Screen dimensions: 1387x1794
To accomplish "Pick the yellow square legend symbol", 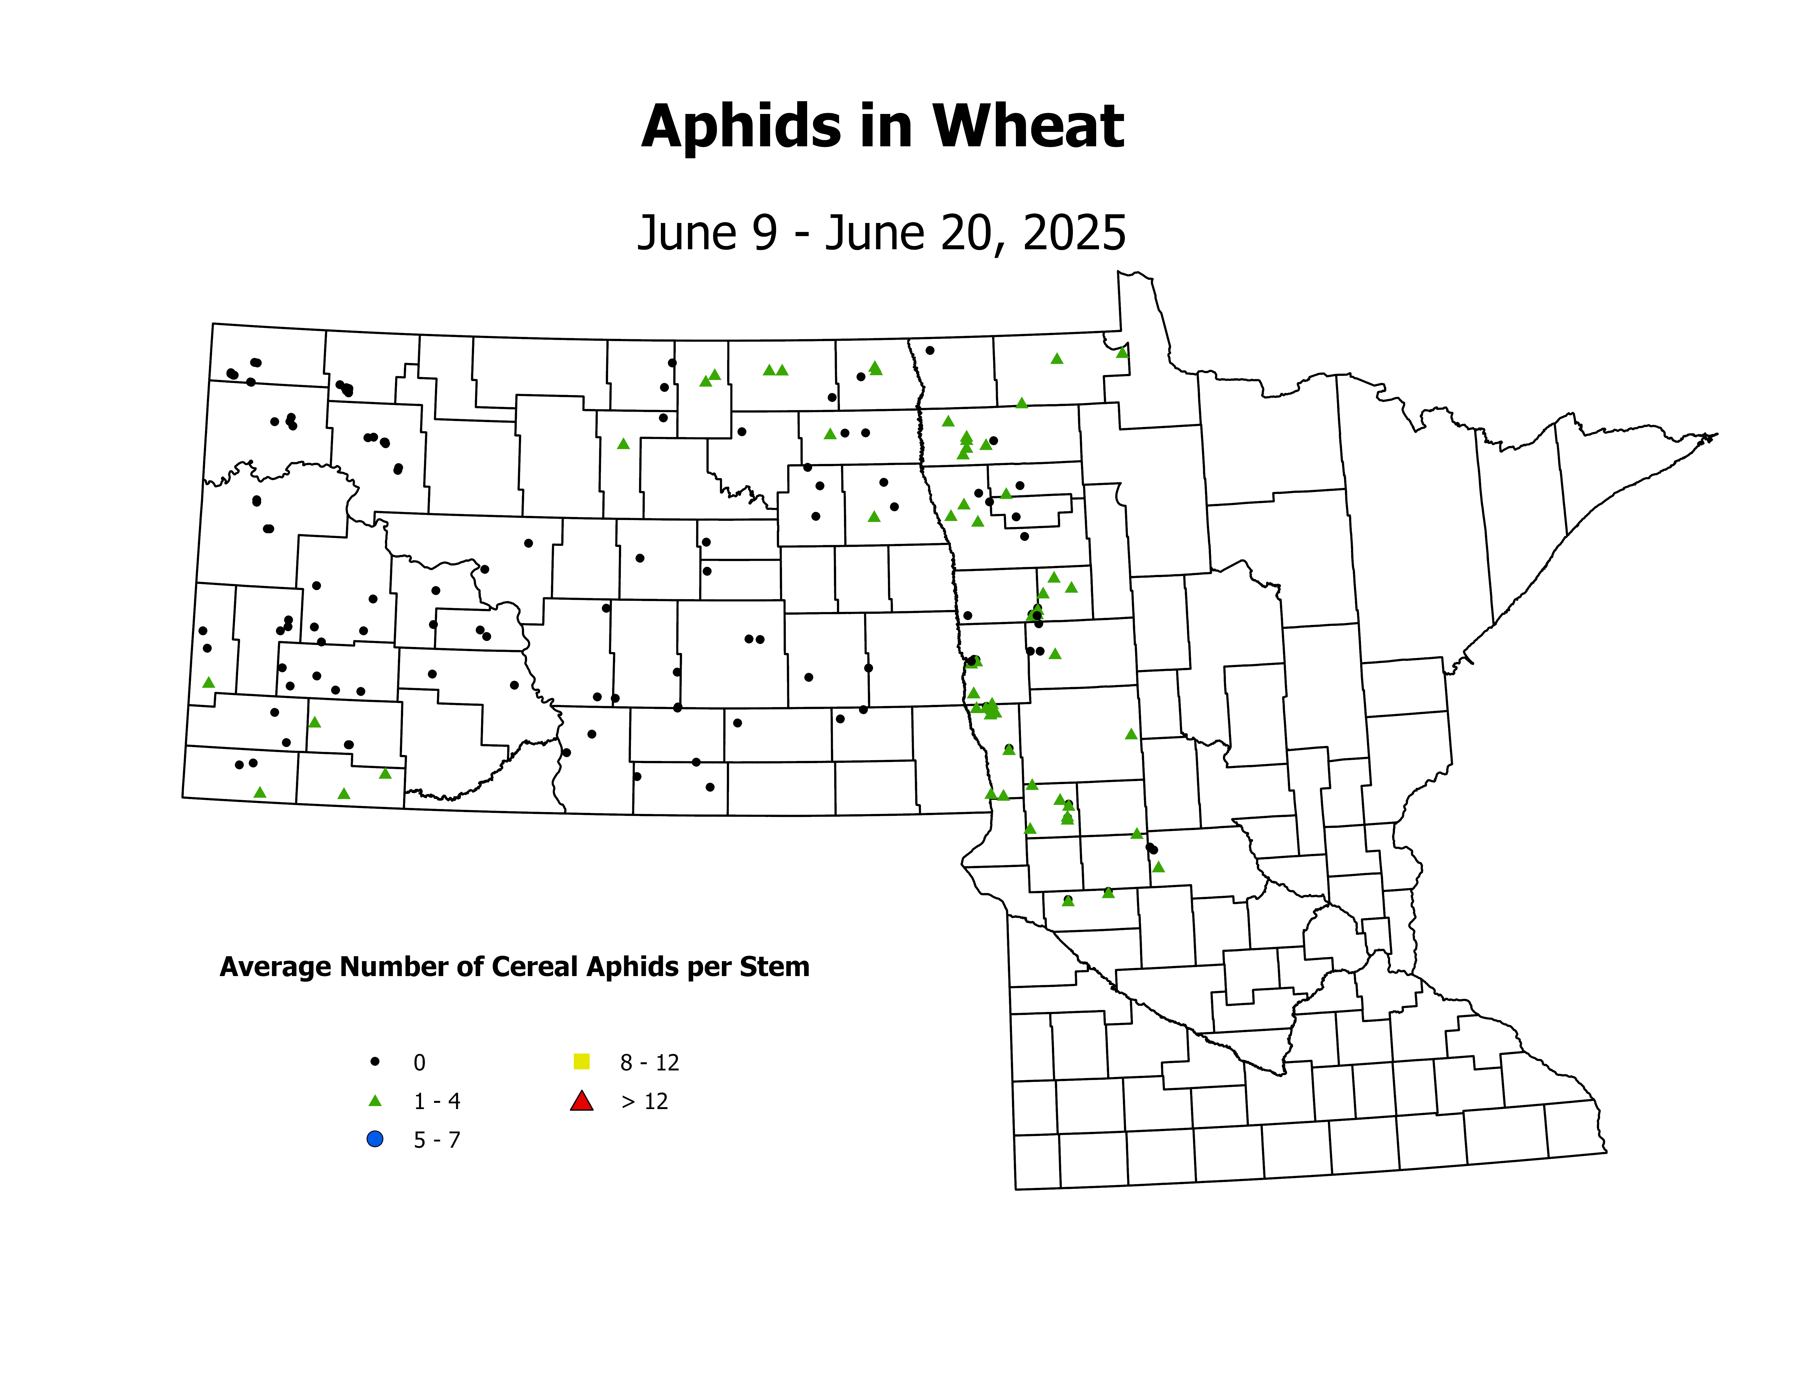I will pyautogui.click(x=582, y=1062).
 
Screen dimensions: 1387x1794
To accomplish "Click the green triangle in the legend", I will pyautogui.click(x=375, y=1101).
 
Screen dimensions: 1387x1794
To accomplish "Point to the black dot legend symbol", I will pyautogui.click(x=375, y=1062).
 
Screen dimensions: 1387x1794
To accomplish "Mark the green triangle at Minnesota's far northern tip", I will pyautogui.click(x=1122, y=352).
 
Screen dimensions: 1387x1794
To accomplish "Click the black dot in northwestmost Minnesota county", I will pyautogui.click(x=930, y=350).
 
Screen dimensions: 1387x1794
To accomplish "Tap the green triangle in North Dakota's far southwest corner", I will pyautogui.click(x=260, y=792).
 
